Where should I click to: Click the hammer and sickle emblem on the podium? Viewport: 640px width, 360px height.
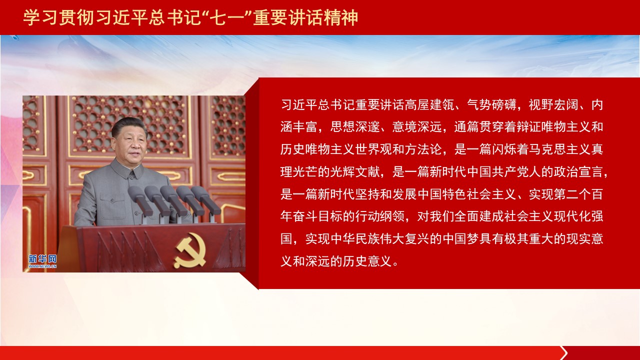tap(190, 250)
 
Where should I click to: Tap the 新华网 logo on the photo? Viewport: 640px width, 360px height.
tap(42, 259)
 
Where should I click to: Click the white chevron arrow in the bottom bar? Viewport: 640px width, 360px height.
tap(563, 353)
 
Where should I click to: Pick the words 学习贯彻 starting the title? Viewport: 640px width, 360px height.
tap(58, 17)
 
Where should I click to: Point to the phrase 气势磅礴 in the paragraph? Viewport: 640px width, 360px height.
tap(491, 105)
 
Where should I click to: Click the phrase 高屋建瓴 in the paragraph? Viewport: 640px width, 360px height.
tap(429, 105)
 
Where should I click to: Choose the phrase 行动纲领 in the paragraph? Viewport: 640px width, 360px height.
tap(380, 216)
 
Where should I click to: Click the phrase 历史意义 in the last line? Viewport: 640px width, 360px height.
tap(367, 261)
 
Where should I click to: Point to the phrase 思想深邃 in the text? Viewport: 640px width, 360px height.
tap(355, 127)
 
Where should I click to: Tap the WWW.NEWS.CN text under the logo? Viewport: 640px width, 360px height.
tap(42, 266)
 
